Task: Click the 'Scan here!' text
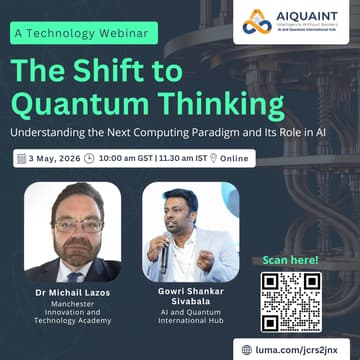coord(291,260)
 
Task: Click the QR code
coord(291,301)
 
